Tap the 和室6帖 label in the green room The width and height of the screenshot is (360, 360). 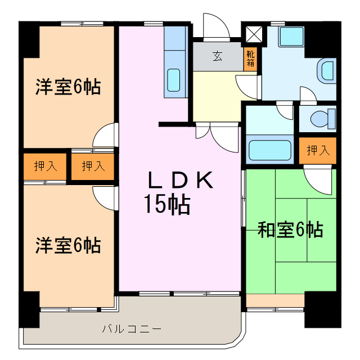pos(290,229)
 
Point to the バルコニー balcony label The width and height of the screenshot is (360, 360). pos(132,328)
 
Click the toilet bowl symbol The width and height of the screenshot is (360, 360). pos(321,119)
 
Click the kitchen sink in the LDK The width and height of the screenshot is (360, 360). pos(175,80)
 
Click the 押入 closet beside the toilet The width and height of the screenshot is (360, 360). pos(318,150)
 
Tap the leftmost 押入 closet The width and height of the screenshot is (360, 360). pos(45,166)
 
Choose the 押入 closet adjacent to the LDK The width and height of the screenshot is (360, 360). pos(92,166)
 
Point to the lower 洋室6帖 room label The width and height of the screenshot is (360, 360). pos(68,245)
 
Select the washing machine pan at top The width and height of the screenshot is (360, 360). pos(291,37)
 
